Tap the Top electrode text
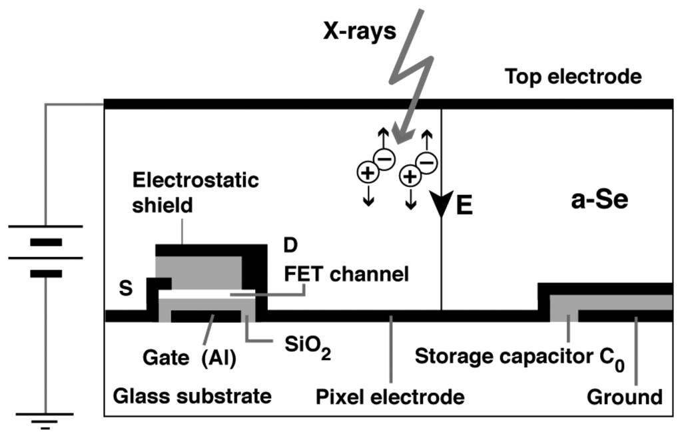[573, 77]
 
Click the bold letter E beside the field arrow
[464, 206]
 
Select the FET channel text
[346, 274]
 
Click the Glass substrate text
[192, 397]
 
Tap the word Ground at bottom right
[624, 397]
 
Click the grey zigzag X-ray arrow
[412, 73]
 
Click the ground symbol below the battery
[45, 420]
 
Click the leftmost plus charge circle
[366, 173]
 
